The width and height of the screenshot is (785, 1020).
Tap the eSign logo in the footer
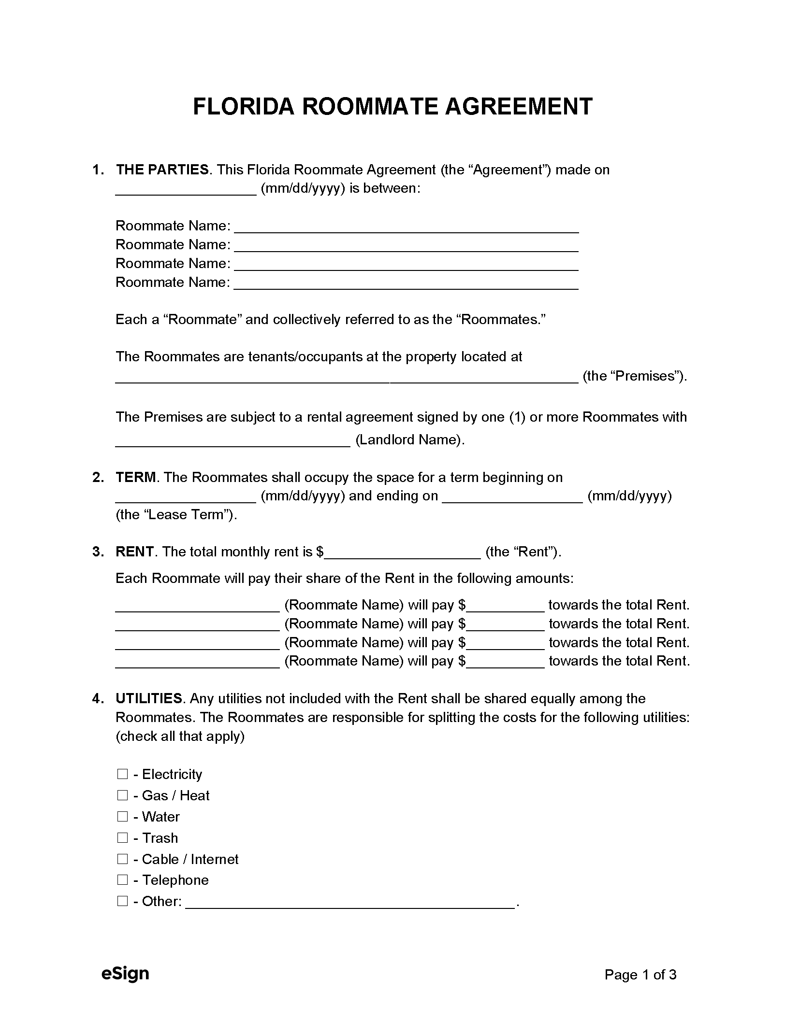125,974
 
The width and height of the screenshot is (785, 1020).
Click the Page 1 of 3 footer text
640,975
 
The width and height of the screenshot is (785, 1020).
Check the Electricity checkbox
122,774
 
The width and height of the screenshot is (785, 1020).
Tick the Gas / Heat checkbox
122,795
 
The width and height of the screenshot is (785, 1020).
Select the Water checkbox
122,817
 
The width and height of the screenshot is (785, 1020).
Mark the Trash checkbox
122,838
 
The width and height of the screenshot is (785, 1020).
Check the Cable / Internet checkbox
122,859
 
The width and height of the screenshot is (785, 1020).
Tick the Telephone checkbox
122,880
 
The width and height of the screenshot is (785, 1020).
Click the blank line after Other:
350,902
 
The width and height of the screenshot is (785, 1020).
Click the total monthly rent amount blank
402,553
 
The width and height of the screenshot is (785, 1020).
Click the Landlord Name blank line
233,441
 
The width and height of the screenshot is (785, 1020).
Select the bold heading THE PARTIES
162,170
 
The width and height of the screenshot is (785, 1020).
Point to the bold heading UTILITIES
148,699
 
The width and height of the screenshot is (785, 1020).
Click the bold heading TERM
136,478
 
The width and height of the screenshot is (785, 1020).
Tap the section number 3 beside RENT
98,552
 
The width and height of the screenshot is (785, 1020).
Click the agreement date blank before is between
186,189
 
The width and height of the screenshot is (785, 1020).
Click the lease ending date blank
512,497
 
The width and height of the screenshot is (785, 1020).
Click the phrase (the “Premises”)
635,376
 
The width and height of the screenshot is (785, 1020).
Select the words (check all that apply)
180,737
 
